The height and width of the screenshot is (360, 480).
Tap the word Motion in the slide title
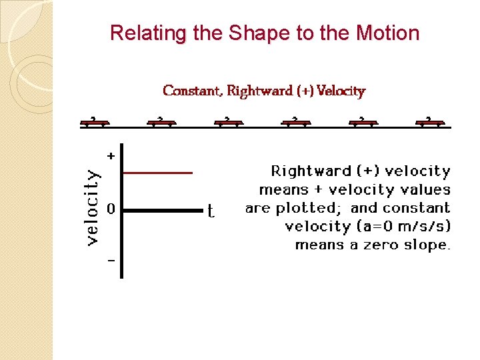click(388, 33)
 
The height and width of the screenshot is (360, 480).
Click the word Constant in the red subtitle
click(192, 90)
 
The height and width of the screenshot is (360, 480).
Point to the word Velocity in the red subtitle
click(341, 90)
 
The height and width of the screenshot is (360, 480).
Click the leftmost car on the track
click(94, 122)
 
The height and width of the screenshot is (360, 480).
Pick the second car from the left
click(161, 122)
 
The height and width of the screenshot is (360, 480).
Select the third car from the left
click(228, 122)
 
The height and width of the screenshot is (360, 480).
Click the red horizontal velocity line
click(158, 173)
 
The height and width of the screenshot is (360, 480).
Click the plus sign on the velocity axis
click(111, 155)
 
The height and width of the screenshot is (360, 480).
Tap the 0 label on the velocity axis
click(111, 209)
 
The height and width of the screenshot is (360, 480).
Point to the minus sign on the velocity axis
click(111, 260)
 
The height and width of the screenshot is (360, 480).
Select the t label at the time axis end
click(211, 212)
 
